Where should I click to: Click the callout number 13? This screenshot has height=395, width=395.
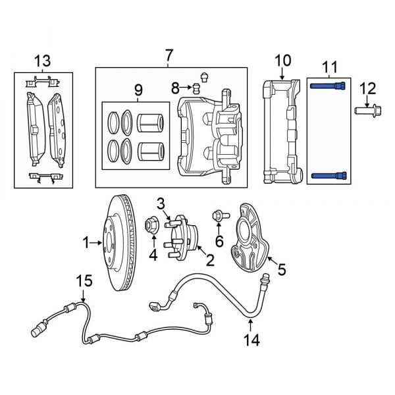click(42, 61)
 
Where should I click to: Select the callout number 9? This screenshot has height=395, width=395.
click(138, 89)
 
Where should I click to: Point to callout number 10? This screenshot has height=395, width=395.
click(282, 61)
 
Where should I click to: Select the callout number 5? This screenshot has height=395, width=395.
click(282, 269)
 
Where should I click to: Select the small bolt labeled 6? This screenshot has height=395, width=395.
click(218, 215)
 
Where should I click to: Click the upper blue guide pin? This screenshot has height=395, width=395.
click(327, 86)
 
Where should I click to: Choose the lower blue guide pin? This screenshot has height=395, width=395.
click(327, 175)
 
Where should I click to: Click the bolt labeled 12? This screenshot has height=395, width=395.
click(366, 109)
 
